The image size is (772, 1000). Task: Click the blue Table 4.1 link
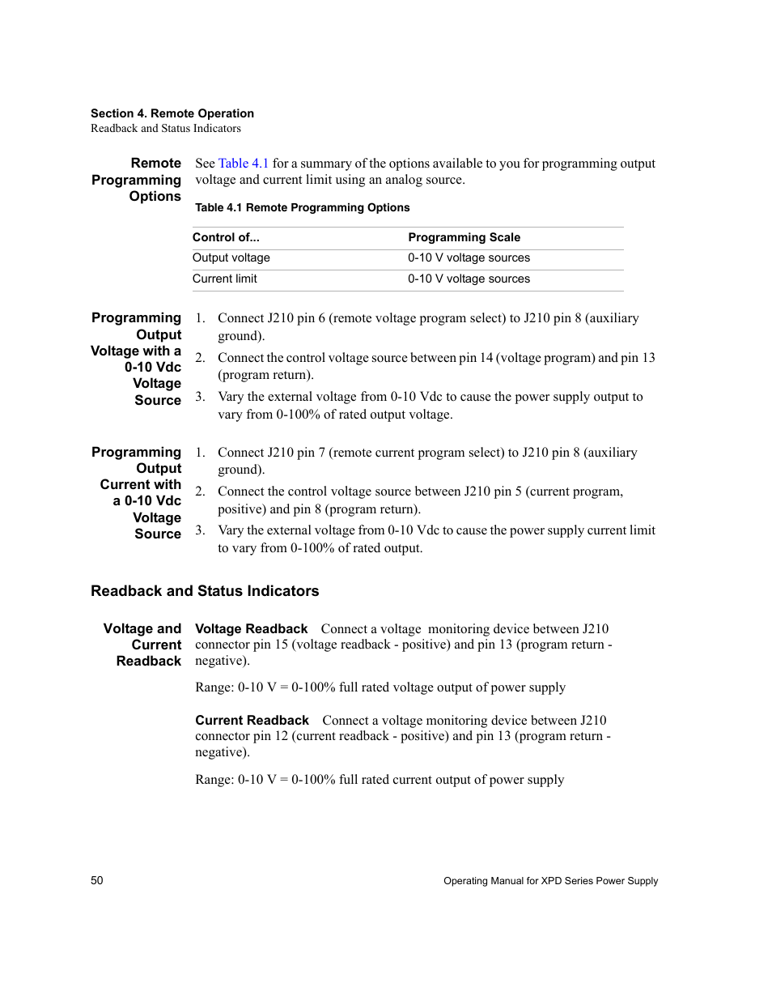243,164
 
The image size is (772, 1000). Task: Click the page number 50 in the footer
97,880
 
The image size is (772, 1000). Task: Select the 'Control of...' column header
226,237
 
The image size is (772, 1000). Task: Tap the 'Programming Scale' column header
464,237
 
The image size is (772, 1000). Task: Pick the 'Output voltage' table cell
231,257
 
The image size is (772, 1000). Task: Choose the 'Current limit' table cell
225,279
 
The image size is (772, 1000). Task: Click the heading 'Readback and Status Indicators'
205,591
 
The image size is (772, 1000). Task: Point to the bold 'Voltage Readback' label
251,629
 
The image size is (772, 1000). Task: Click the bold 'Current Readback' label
252,721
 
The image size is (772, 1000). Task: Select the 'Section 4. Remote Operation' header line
172,113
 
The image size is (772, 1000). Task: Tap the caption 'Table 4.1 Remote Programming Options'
302,207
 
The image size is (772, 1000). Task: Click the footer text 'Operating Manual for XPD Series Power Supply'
550,881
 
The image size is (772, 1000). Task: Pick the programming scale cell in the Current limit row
469,279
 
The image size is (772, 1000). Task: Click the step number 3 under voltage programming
200,397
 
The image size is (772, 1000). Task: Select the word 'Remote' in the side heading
156,164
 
